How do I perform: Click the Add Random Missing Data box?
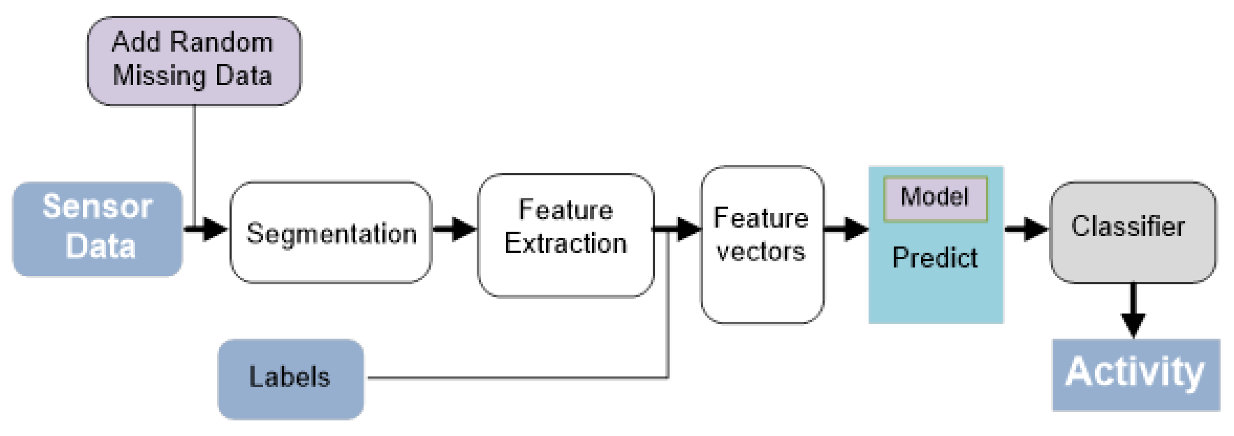coord(194,61)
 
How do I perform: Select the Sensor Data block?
coord(97,229)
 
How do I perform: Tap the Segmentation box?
coord(331,233)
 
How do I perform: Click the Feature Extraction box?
coord(566,236)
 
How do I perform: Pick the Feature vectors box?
coord(761,244)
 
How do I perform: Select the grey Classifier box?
coord(1132,232)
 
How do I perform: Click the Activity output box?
coord(1135,374)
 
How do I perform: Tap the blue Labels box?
coord(290,379)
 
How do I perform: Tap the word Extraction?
coord(566,243)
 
